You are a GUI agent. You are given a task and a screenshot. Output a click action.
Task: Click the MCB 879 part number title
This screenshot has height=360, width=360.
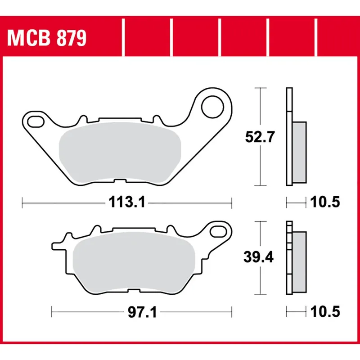point(46,39)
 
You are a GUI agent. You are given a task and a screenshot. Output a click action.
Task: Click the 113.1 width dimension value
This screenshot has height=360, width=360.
point(126,203)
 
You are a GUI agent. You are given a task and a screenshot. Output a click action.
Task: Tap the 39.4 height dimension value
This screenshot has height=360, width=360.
point(257,257)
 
